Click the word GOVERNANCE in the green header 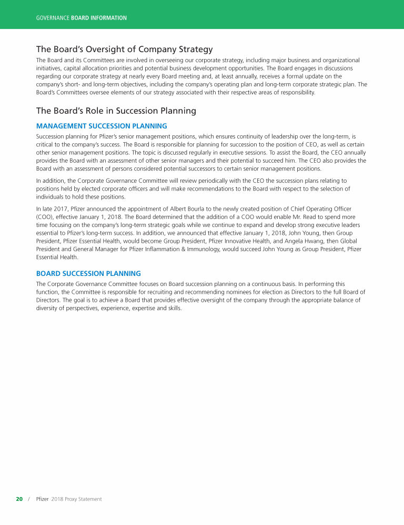tap(53, 18)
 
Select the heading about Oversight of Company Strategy tap(124, 49)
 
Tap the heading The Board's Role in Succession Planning tap(116, 111)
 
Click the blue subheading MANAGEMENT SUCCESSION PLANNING tap(102, 126)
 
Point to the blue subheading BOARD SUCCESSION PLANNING tap(88, 273)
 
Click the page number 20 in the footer tap(19, 499)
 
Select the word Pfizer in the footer tap(43, 499)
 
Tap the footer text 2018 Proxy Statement tap(77, 499)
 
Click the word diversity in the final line tap(47, 308)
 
